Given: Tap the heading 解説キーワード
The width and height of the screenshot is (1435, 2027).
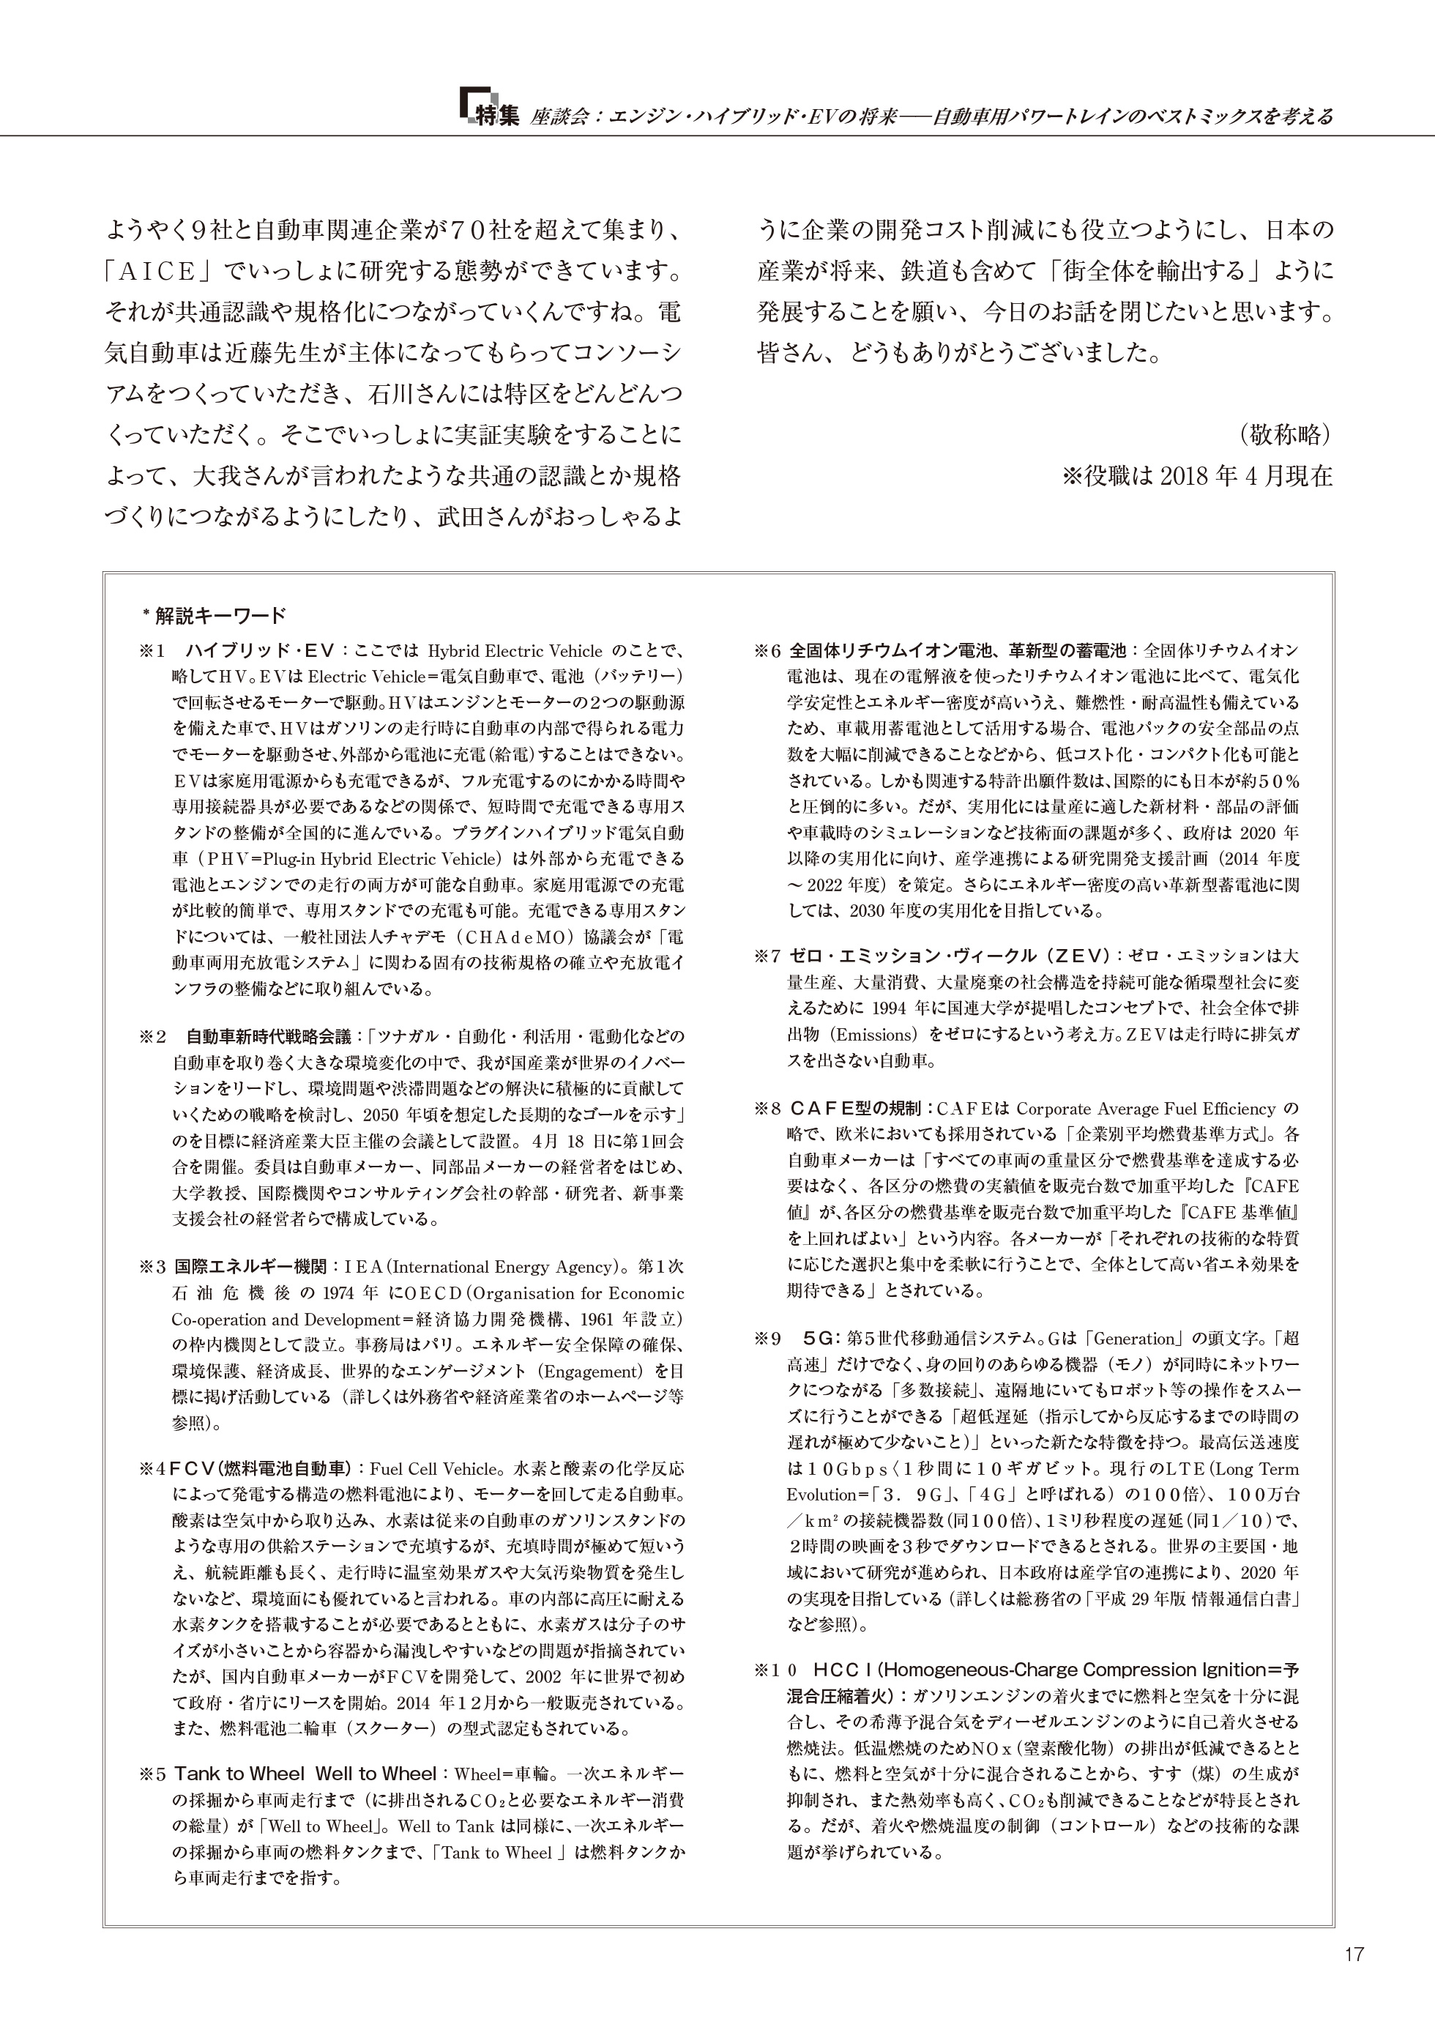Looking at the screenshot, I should (x=220, y=615).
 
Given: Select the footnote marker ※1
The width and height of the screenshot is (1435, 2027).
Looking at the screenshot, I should (x=152, y=651).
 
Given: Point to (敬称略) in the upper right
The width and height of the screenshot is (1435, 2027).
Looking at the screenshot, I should (x=1285, y=435).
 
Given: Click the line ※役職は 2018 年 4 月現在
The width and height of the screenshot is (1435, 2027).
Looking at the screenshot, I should (x=1196, y=476).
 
